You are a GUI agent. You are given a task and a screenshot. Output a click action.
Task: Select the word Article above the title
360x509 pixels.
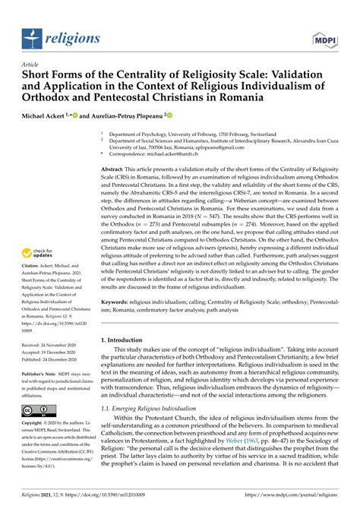tap(31, 65)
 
